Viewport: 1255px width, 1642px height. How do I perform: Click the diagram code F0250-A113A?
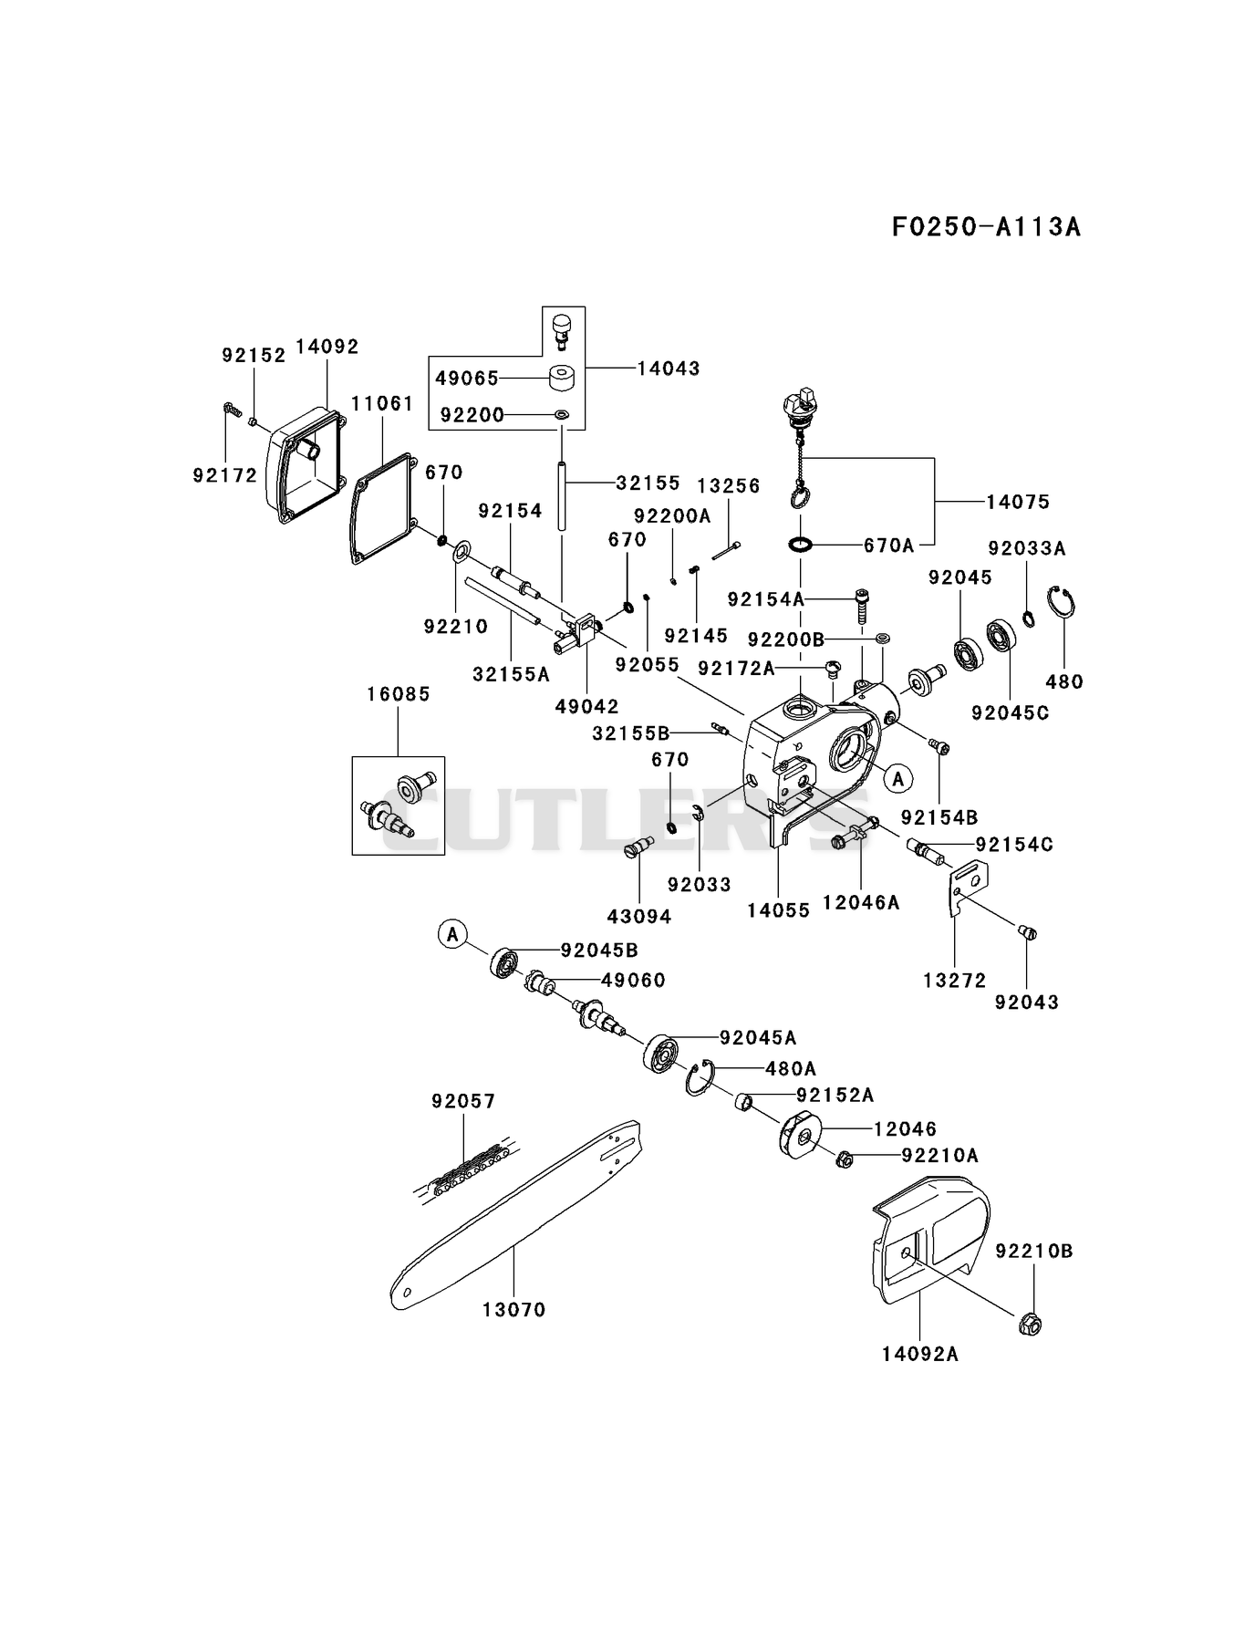tap(986, 226)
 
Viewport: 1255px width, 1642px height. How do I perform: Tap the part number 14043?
tap(669, 369)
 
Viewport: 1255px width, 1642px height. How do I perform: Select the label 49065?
tap(466, 378)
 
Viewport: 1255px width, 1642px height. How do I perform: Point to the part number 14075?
tap(1018, 502)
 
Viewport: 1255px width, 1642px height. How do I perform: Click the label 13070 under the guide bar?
tap(514, 1310)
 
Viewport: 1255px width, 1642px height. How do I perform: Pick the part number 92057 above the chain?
tap(463, 1102)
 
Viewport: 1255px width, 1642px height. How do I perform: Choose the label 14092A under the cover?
tap(920, 1354)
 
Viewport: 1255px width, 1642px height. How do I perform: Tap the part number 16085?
tap(399, 694)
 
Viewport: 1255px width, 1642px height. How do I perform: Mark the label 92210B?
tap(1034, 1252)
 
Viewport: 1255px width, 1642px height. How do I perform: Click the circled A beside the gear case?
tap(898, 778)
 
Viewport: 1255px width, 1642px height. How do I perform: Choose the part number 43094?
tap(639, 916)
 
